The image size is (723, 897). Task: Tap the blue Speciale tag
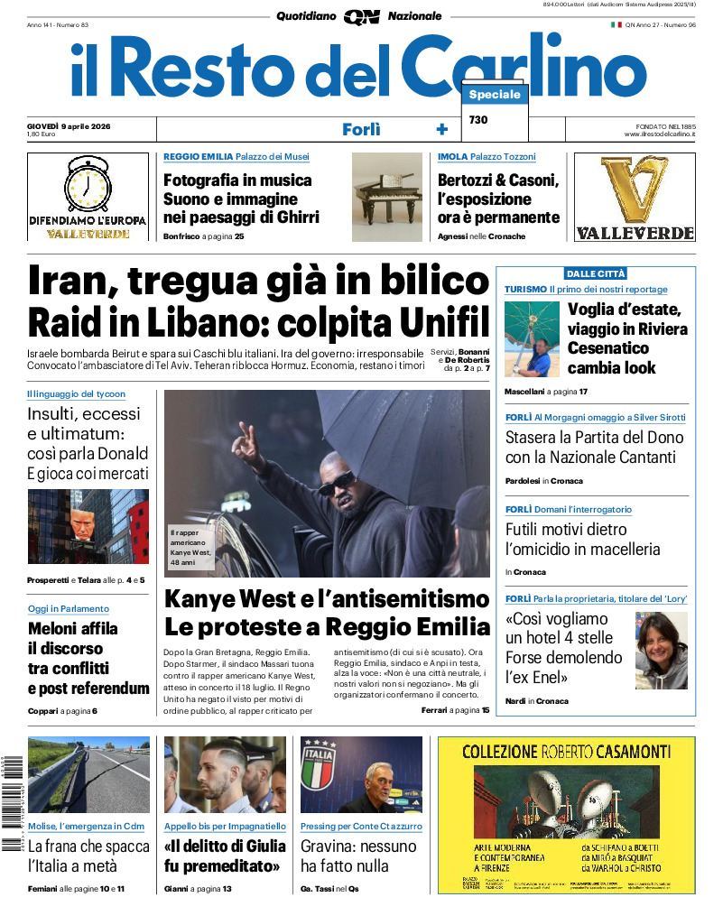click(495, 95)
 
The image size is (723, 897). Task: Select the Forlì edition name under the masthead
click(361, 129)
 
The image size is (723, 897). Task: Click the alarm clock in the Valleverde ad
click(88, 184)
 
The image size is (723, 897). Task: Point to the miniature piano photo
click(386, 197)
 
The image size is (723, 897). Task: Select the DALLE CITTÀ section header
click(596, 273)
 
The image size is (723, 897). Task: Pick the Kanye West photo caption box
click(190, 548)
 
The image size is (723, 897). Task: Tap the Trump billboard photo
click(88, 526)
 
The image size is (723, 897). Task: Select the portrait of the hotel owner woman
click(661, 651)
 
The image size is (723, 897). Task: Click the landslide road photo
click(88, 774)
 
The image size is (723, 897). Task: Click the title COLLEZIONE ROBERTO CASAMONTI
click(566, 751)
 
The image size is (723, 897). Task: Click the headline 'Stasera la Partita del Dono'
click(594, 447)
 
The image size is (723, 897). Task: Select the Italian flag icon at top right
click(616, 24)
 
